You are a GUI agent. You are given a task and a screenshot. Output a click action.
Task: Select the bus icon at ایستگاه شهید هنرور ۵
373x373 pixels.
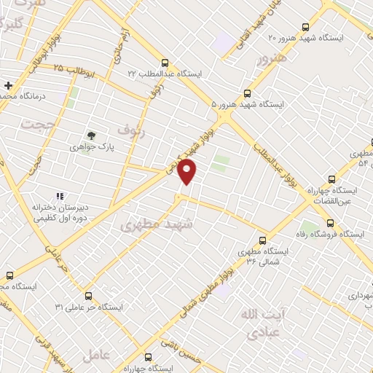(247, 93)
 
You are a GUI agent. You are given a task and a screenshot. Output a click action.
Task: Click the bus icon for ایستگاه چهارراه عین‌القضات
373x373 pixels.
(332, 178)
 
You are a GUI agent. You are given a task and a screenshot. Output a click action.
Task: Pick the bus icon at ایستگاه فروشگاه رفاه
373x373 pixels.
(331, 224)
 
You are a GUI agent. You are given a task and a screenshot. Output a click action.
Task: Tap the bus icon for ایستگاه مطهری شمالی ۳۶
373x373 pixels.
(262, 240)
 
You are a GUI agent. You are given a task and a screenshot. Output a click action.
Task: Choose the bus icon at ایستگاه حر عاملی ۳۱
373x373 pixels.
(88, 296)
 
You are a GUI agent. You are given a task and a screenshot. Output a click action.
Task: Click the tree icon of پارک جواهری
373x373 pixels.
(90, 135)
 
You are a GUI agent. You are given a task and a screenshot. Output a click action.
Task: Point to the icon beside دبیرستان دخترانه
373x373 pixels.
(60, 196)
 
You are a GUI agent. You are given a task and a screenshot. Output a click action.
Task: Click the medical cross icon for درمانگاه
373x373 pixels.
(8, 86)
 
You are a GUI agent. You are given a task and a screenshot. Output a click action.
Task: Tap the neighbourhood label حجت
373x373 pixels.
(33, 125)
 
